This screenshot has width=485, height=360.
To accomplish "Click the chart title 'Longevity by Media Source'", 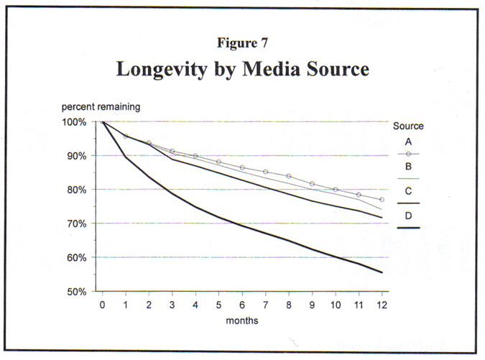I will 242,70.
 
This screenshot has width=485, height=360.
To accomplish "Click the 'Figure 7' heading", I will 242,42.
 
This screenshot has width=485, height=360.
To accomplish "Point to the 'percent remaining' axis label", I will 100,107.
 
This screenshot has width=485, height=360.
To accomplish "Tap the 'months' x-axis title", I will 242,320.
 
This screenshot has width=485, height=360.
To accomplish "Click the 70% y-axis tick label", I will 76,223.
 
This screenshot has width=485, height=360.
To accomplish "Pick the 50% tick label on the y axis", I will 76,292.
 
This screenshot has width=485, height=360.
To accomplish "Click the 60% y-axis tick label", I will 76,258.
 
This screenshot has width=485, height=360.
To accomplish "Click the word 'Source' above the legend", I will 408,126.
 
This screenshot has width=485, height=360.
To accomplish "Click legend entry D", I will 408,216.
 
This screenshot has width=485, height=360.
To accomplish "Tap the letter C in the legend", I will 408,191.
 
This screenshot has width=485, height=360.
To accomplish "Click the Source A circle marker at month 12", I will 382,200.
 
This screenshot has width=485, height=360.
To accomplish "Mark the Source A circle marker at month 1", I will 126,136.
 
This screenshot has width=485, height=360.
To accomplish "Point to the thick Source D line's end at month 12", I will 382,272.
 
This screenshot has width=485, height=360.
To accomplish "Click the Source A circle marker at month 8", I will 289,176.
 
